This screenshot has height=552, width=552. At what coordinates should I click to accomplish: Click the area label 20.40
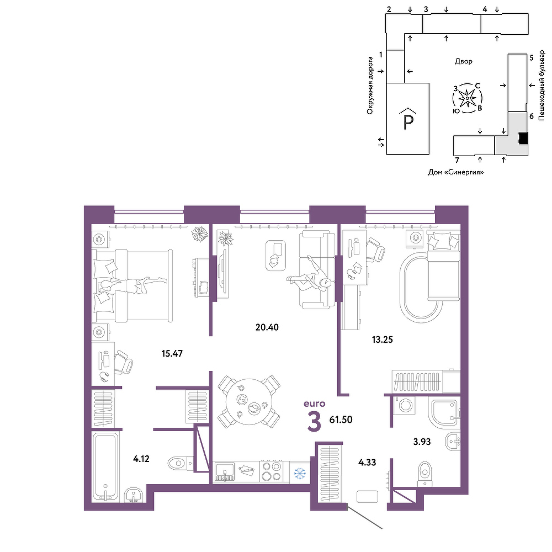click(267, 327)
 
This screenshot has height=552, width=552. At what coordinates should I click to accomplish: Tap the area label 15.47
click(172, 353)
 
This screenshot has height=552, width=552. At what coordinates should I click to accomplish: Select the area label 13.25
click(383, 339)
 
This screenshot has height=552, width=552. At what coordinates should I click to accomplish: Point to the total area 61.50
click(341, 420)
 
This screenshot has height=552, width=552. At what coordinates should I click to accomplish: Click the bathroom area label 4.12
click(141, 459)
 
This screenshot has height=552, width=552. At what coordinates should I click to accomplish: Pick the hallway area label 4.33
click(367, 462)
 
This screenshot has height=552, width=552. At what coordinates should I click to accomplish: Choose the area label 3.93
click(422, 442)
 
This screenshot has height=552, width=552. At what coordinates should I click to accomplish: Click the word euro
click(315, 404)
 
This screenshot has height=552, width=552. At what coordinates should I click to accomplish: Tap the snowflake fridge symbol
click(300, 474)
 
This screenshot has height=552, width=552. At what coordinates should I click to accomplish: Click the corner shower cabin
click(444, 412)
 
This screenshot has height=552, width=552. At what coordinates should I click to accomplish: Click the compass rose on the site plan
click(467, 98)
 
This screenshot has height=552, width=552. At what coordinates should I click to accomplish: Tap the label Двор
click(464, 61)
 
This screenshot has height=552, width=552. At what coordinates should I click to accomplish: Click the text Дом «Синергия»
click(455, 172)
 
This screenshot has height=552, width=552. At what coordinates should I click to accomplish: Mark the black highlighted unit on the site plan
click(523, 138)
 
